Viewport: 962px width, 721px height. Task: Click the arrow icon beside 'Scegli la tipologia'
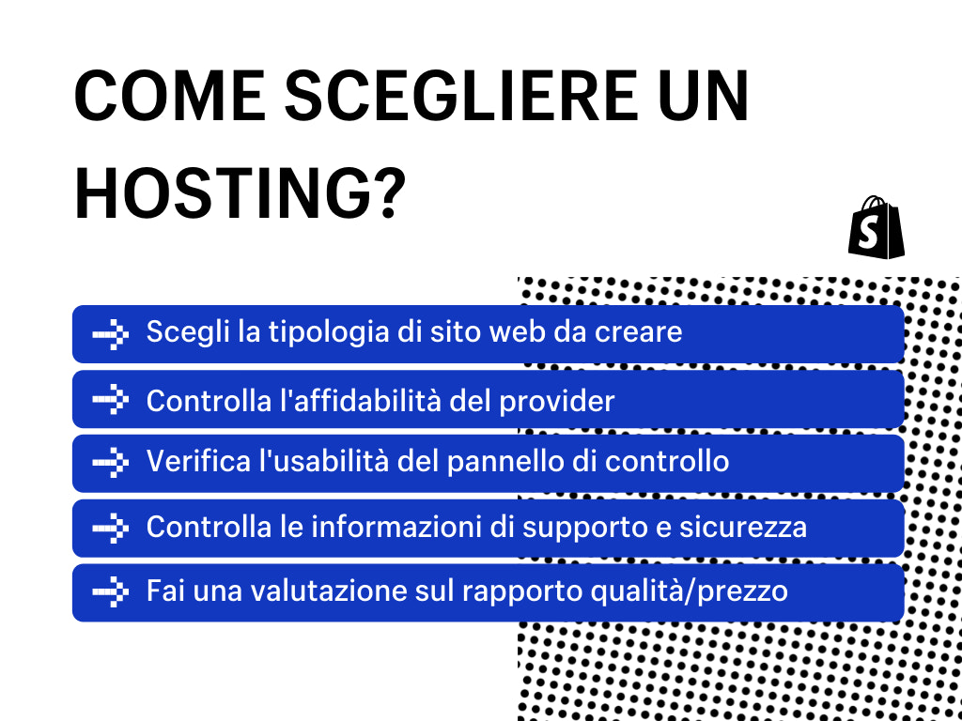(110, 333)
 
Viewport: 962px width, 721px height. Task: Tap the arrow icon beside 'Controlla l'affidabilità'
(110, 399)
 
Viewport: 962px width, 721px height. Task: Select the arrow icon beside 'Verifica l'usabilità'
(110, 463)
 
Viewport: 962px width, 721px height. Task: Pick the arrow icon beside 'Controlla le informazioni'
(110, 528)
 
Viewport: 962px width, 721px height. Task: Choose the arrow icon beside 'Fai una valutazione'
(110, 592)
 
